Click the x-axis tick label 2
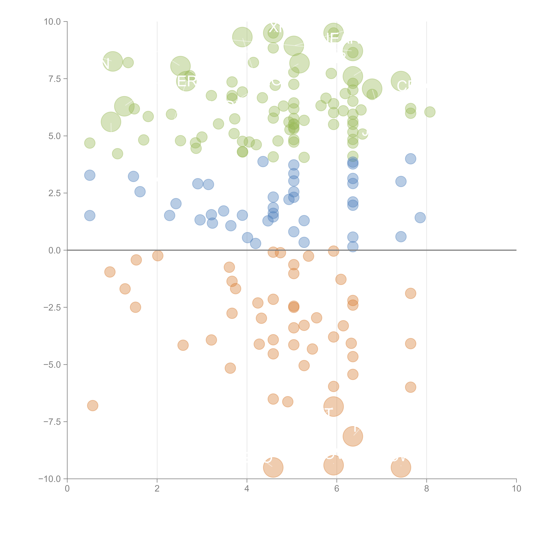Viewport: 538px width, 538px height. pyautogui.click(x=157, y=489)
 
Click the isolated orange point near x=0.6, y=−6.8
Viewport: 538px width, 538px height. pyautogui.click(x=92, y=405)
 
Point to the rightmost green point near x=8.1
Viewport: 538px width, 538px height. pyautogui.click(x=430, y=112)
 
